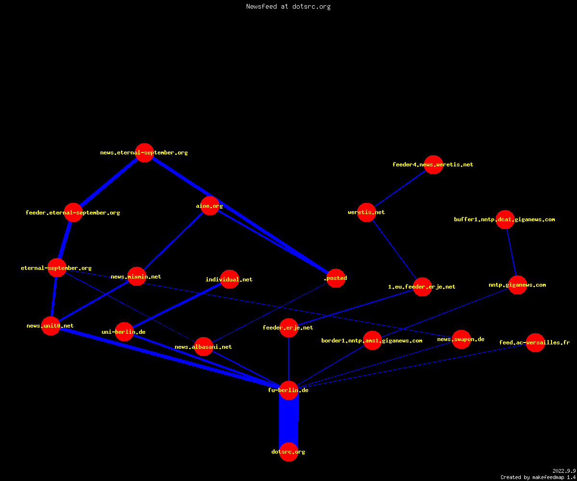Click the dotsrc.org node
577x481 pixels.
288,452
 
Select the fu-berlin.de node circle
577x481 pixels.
288,390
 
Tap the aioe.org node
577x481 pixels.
210,206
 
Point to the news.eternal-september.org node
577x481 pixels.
144,152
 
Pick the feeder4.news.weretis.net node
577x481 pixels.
433,165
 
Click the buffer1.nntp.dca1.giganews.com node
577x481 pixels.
505,219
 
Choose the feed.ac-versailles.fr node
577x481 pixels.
535,342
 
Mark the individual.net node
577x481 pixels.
229,279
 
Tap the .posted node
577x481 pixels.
336,278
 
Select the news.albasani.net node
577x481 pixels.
203,347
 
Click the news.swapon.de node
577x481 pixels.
461,339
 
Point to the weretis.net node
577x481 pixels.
366,212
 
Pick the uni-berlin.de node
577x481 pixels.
124,332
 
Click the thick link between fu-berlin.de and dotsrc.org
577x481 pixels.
288,421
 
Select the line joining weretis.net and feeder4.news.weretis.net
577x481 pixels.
400,188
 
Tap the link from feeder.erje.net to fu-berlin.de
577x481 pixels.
288,359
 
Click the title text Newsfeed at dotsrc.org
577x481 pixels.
288,6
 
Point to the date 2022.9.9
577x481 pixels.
564,471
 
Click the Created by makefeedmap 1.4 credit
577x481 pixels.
538,478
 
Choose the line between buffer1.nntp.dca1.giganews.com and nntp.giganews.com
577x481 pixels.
511,252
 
